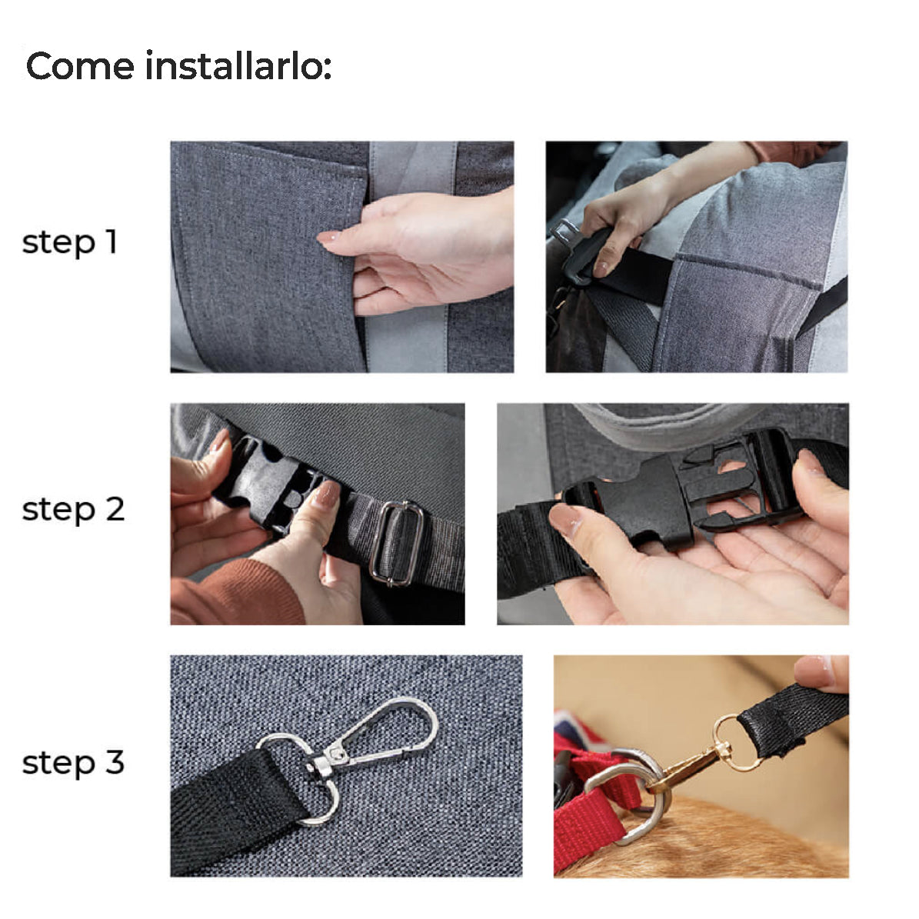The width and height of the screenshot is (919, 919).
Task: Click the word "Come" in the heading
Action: point(80,65)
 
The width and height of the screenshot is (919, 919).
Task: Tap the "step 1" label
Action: point(70,242)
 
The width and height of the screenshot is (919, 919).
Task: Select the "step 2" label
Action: point(73,509)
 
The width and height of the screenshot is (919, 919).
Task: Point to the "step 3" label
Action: point(73,763)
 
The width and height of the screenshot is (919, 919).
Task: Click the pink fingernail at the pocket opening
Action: point(329,238)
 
